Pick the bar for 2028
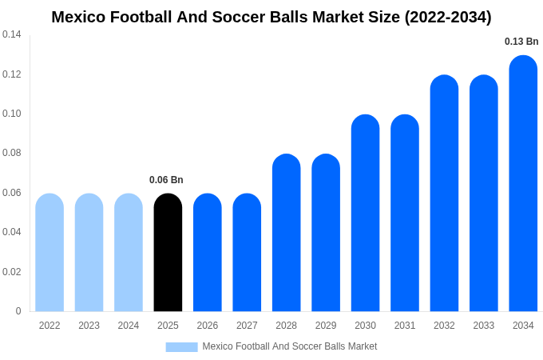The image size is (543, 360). [x=286, y=233]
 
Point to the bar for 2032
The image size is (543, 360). [x=444, y=194]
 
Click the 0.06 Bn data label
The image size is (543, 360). [x=166, y=180]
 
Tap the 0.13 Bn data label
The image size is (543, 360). [x=521, y=42]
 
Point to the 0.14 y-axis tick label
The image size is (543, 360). [x=12, y=34]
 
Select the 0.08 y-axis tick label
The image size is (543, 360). [x=12, y=153]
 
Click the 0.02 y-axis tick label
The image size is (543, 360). [x=12, y=272]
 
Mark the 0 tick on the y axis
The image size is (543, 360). [x=18, y=311]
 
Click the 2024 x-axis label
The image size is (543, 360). [x=129, y=326]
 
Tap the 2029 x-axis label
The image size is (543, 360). [x=326, y=326]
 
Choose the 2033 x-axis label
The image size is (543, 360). [x=484, y=326]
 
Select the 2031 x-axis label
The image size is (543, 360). [x=405, y=326]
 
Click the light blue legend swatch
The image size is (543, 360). [x=181, y=347]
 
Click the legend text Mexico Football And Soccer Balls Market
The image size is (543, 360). [x=290, y=346]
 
